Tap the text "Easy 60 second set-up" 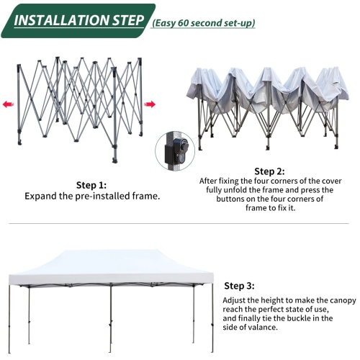pos(203,22)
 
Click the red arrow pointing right pos(150,104)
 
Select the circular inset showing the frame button pos(174,149)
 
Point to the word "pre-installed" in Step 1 pos(99,195)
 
